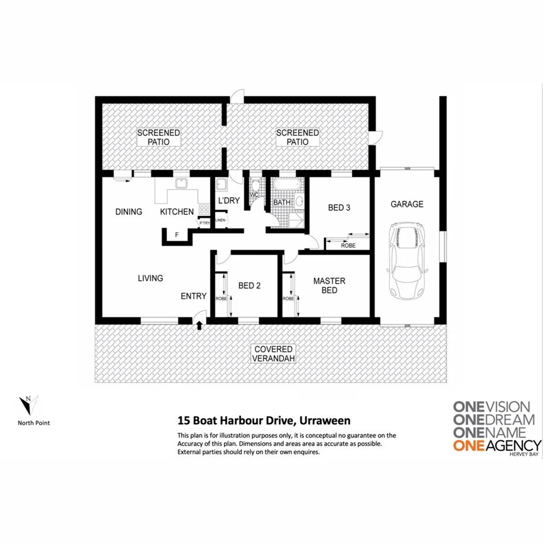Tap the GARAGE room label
[407, 205]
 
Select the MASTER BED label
[329, 285]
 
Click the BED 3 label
[339, 208]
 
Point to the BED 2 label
[249, 286]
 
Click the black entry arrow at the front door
[200, 326]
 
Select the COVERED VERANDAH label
[273, 354]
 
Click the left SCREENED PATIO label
[159, 137]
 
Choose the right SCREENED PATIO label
[297, 137]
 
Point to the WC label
[255, 195]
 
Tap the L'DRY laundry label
[229, 200]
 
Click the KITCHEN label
[177, 212]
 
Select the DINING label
[129, 212]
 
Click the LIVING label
[150, 278]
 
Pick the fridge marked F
[177, 235]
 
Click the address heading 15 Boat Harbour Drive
[263, 421]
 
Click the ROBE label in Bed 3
[348, 246]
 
